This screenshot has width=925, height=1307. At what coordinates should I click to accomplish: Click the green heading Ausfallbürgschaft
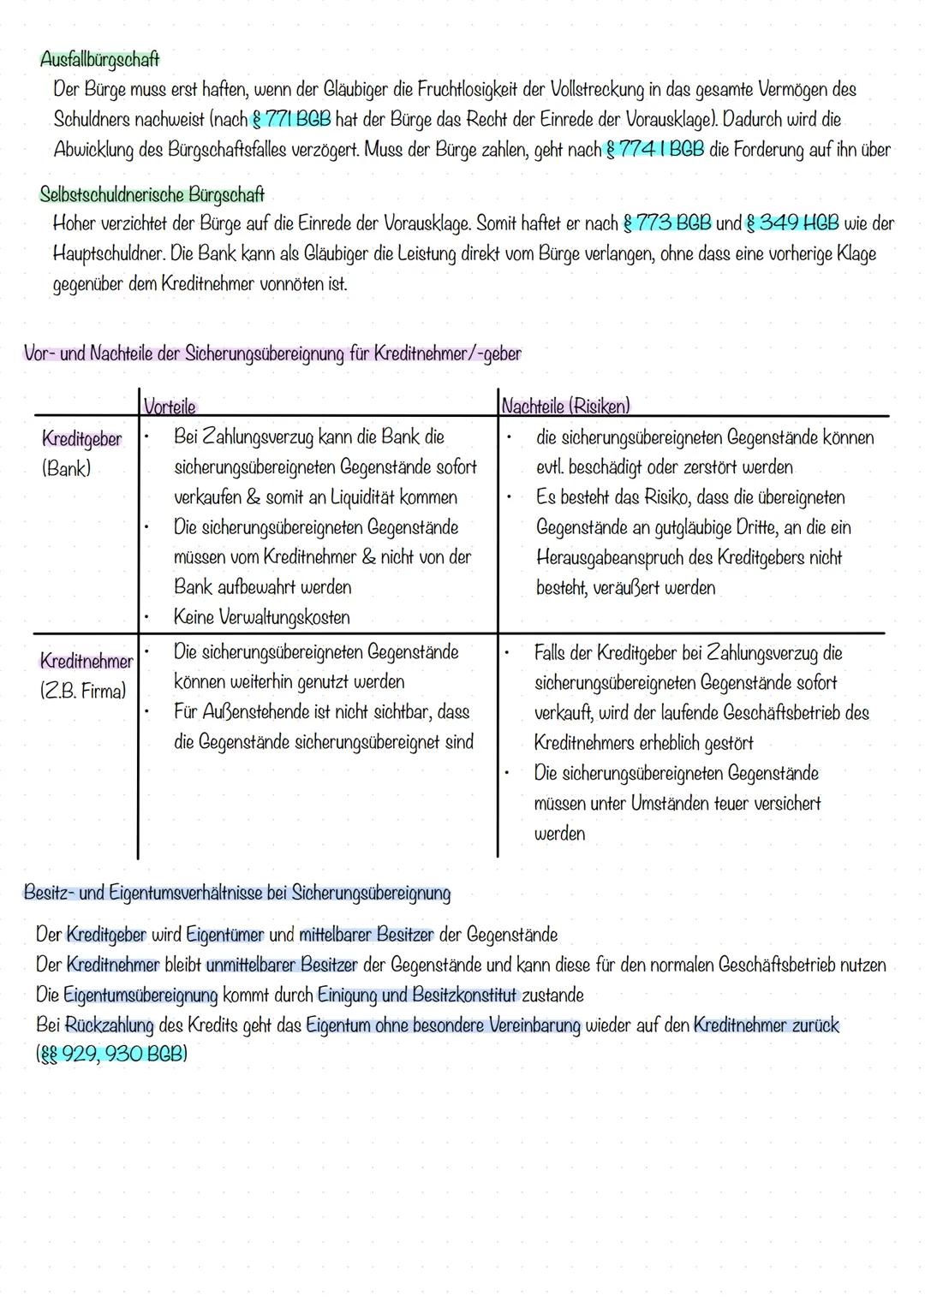(x=99, y=60)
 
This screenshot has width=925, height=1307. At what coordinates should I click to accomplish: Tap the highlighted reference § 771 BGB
(x=291, y=118)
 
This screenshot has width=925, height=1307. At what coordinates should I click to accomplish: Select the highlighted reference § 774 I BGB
(x=655, y=149)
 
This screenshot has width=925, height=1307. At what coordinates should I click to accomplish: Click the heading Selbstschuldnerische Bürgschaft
(x=152, y=194)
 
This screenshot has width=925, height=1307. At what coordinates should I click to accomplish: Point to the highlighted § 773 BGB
(x=667, y=223)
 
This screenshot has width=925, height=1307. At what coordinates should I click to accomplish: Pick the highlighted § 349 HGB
(x=792, y=223)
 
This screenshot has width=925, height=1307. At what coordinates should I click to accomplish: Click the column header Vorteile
(x=170, y=406)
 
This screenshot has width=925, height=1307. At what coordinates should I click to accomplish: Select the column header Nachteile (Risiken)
(x=565, y=406)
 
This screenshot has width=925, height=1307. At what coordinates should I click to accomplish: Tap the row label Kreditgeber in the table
(x=81, y=439)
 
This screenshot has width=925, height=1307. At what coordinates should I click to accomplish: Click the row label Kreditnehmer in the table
(x=86, y=662)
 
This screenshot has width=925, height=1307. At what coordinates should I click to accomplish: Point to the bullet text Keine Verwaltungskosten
(x=261, y=617)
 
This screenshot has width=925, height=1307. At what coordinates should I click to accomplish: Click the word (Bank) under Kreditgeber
(x=66, y=469)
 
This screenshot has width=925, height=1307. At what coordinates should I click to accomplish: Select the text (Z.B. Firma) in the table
(x=82, y=691)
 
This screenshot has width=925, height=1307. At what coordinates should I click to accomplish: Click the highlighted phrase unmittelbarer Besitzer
(x=281, y=965)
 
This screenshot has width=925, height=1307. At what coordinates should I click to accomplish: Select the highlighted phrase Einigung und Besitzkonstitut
(x=417, y=995)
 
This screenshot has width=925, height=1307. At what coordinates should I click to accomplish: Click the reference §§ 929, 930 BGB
(x=110, y=1054)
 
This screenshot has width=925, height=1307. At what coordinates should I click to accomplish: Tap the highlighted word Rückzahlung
(x=109, y=1025)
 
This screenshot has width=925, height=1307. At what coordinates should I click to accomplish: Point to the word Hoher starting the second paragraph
(x=76, y=224)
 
